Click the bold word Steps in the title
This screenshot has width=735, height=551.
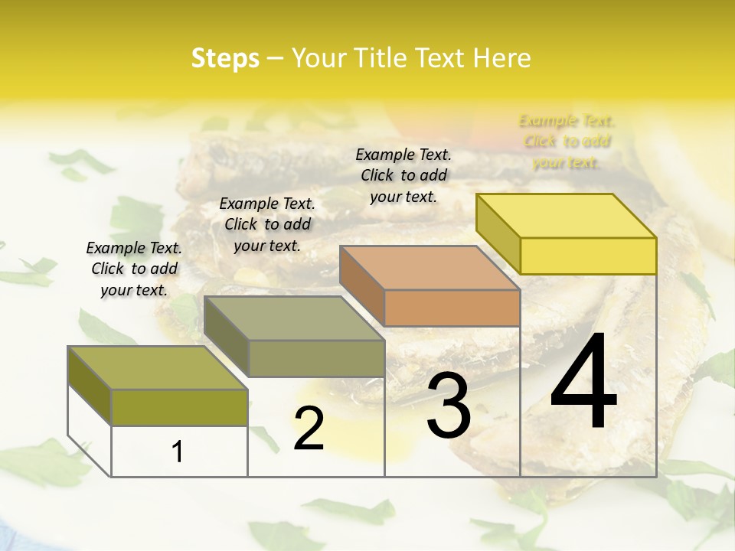[225, 58]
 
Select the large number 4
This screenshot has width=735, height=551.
[583, 382]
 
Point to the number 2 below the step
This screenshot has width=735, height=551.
[309, 429]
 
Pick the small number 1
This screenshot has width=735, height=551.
[178, 452]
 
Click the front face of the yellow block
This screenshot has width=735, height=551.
[588, 256]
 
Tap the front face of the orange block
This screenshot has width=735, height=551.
[452, 308]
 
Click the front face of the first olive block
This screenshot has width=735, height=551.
[179, 407]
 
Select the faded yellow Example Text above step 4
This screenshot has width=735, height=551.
[567, 142]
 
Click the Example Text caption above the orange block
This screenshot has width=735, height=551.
[403, 175]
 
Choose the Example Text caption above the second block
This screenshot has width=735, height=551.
[267, 224]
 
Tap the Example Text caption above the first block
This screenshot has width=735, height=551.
[134, 269]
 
